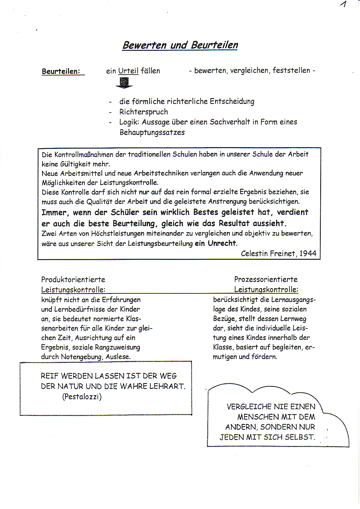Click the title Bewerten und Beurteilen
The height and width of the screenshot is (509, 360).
[x=180, y=45]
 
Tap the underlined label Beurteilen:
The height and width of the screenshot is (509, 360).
[x=61, y=71]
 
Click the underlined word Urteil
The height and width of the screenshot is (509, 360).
[x=128, y=71]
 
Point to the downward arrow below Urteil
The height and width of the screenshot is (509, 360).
[x=124, y=83]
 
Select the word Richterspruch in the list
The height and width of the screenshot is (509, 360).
[x=144, y=112]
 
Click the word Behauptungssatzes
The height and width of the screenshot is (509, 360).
[x=152, y=132]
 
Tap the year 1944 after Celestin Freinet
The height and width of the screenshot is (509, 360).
[x=308, y=253]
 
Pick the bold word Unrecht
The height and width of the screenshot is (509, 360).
[x=222, y=243]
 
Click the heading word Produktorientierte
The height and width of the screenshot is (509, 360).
[x=73, y=279]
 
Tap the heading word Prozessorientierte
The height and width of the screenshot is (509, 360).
[x=266, y=279]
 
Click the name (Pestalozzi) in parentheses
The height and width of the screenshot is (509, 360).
[x=82, y=396]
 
